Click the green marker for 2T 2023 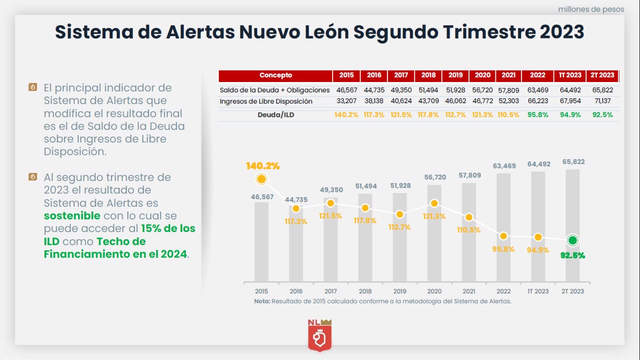573,240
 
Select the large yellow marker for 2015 261,179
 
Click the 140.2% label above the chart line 262,165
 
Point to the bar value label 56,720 434,177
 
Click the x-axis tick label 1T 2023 538,291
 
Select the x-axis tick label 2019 399,291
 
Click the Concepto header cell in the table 275,75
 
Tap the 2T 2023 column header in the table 602,75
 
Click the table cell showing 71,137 602,101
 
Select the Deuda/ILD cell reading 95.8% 537,114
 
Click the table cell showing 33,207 346,101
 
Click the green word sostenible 72,216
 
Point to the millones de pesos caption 591,9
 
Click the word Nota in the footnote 261,301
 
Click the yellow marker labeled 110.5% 469,217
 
